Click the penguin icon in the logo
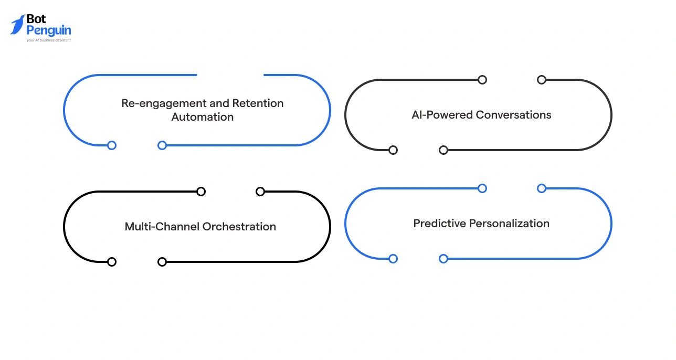pyautogui.click(x=17, y=25)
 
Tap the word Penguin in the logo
pyautogui.click(x=48, y=30)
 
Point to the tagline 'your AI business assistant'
pyautogui.click(x=48, y=40)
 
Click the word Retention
pyautogui.click(x=258, y=103)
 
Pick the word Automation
pyautogui.click(x=203, y=117)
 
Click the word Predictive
pyautogui.click(x=439, y=224)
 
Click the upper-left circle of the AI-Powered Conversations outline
pyautogui.click(x=482, y=80)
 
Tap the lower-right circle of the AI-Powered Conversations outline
pyautogui.click(x=443, y=150)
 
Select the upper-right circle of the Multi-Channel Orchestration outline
pyautogui.click(x=260, y=192)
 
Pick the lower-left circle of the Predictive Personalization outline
pyautogui.click(x=393, y=259)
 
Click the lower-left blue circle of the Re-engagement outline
pyautogui.click(x=112, y=145)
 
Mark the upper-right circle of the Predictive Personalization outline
pyautogui.click(x=542, y=188)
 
